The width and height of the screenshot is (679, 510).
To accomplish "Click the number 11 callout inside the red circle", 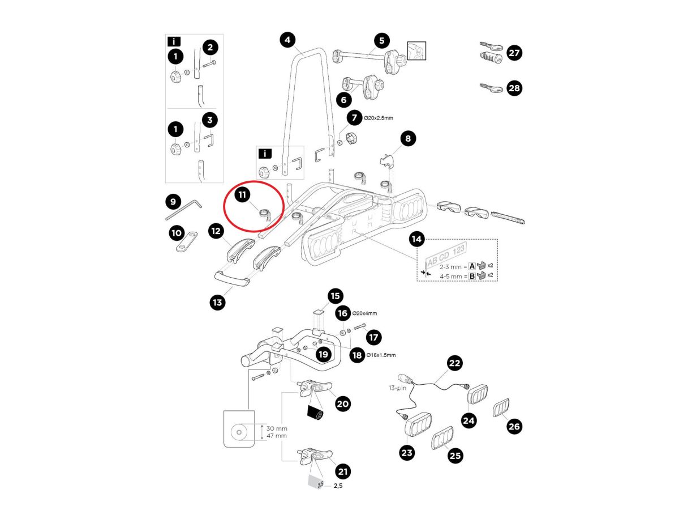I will click(242, 195).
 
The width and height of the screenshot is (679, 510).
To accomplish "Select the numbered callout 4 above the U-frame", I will click(288, 40).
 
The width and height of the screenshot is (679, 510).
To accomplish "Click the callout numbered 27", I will click(514, 53).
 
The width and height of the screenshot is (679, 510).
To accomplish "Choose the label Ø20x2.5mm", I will click(380, 118).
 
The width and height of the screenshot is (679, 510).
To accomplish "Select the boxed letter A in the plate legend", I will click(472, 265).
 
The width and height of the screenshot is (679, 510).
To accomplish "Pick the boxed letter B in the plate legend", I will click(472, 276).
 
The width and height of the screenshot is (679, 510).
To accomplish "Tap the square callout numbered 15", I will click(336, 296).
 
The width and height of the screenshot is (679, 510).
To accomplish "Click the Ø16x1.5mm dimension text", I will click(381, 355).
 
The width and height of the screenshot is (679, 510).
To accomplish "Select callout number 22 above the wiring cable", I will click(455, 363).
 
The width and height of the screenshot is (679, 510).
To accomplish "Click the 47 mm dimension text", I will click(276, 436).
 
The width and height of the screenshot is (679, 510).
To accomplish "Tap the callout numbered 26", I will click(514, 426).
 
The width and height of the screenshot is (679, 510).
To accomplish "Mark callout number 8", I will click(407, 138).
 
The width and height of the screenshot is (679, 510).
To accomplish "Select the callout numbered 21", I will click(343, 471).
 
